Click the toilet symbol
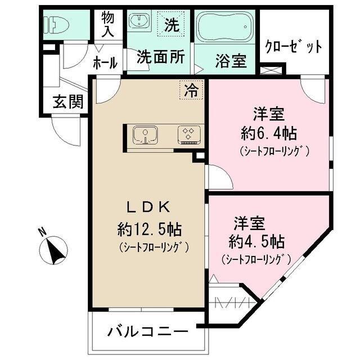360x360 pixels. coord(58,24)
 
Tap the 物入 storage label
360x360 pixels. coord(107,24)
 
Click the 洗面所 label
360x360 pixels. coord(161,58)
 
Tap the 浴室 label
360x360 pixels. coord(231,60)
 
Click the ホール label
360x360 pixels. coord(105,62)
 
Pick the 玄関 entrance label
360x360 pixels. coord(68,102)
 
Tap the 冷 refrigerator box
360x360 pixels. coord(192,90)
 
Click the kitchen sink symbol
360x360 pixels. coord(145,135)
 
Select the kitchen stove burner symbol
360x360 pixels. coord(188,134)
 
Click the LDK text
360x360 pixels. coord(147,207)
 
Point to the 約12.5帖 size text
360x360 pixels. coord(148,229)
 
